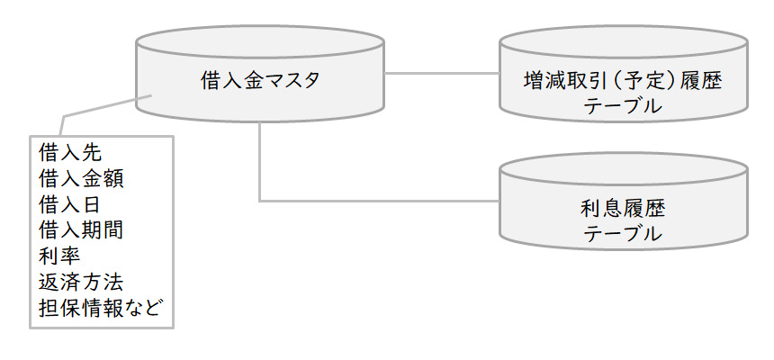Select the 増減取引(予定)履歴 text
623,81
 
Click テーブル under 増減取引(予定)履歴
623,107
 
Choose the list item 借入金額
82,177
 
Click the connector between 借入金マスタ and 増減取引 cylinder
441,72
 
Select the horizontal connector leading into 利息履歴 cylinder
378,200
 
